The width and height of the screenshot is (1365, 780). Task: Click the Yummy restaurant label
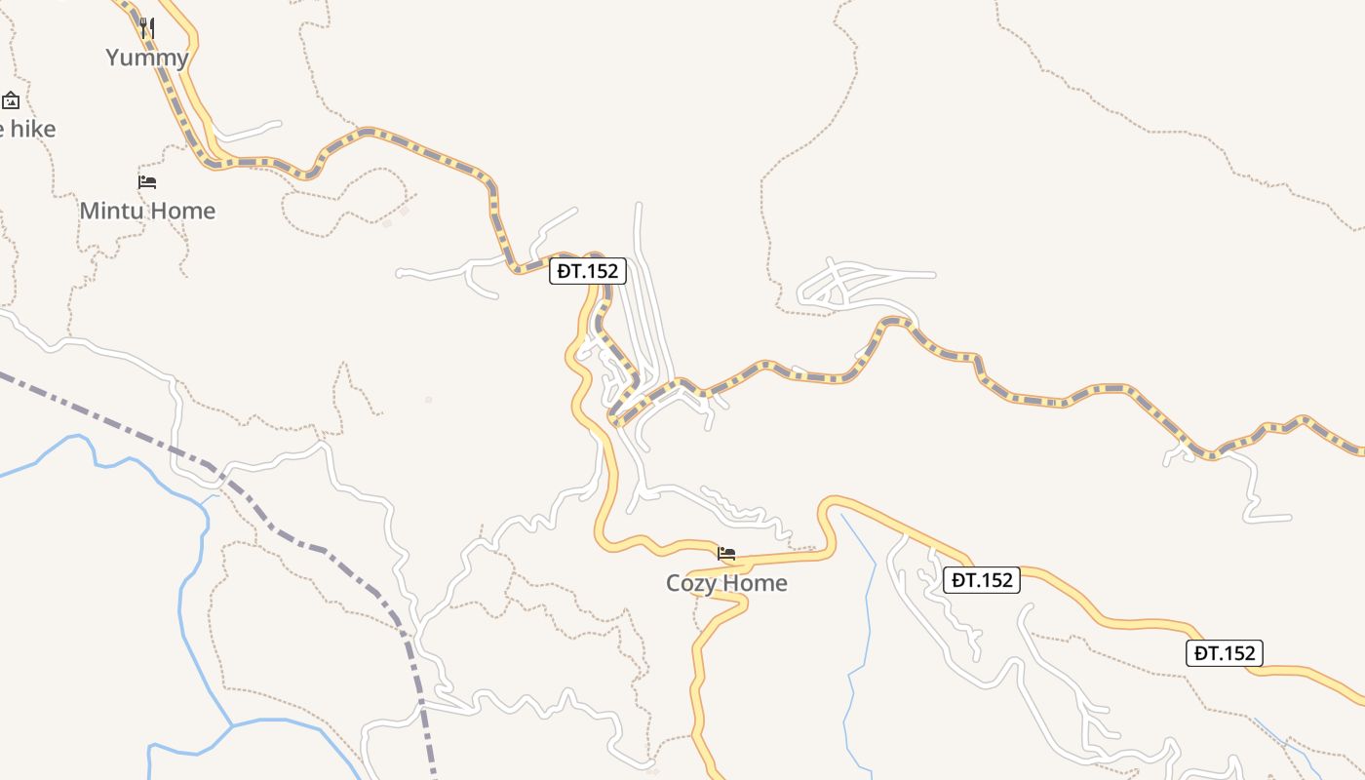[147, 58]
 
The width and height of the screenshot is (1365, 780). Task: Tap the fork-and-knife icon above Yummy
[147, 27]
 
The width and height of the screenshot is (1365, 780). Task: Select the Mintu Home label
[147, 211]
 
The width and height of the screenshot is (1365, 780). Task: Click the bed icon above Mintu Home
[147, 181]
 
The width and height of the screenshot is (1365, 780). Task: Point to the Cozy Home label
[726, 583]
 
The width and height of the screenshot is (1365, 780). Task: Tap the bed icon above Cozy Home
[726, 554]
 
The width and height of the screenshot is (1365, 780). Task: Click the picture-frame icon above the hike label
[11, 99]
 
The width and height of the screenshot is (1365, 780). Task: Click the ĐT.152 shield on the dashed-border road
[587, 271]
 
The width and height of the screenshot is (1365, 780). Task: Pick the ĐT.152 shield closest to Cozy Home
[983, 580]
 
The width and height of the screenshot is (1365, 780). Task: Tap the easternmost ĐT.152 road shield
[1225, 653]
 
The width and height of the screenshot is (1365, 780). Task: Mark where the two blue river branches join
[232, 725]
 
